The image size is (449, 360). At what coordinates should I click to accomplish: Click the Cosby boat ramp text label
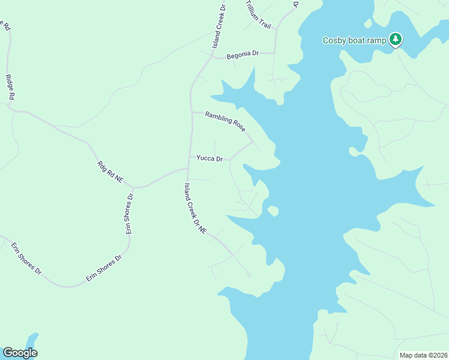click(354, 41)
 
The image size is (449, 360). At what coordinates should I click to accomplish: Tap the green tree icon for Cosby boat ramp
click(395, 39)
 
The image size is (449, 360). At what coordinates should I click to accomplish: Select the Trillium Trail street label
click(259, 14)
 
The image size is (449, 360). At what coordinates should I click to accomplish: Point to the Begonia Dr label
click(243, 54)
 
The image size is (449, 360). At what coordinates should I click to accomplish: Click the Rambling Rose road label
click(225, 122)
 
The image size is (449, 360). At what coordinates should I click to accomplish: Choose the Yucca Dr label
click(209, 158)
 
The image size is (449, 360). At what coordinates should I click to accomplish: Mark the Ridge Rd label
click(10, 87)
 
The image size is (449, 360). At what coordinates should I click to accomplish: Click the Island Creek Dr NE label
click(196, 208)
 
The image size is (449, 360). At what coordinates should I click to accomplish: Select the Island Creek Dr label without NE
click(218, 27)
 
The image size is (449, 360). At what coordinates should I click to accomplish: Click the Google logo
click(20, 353)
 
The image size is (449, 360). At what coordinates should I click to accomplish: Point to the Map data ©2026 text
click(423, 355)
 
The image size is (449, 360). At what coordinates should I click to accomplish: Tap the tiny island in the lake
click(273, 211)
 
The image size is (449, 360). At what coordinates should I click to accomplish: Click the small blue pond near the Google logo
click(31, 340)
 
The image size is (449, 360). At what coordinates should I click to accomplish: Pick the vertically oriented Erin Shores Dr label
click(128, 214)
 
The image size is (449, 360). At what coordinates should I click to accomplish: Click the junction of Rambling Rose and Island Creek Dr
click(191, 112)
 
